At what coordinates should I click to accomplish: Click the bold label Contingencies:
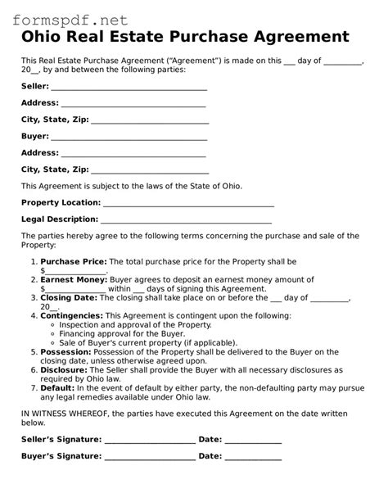pyautogui.click(x=72, y=315)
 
